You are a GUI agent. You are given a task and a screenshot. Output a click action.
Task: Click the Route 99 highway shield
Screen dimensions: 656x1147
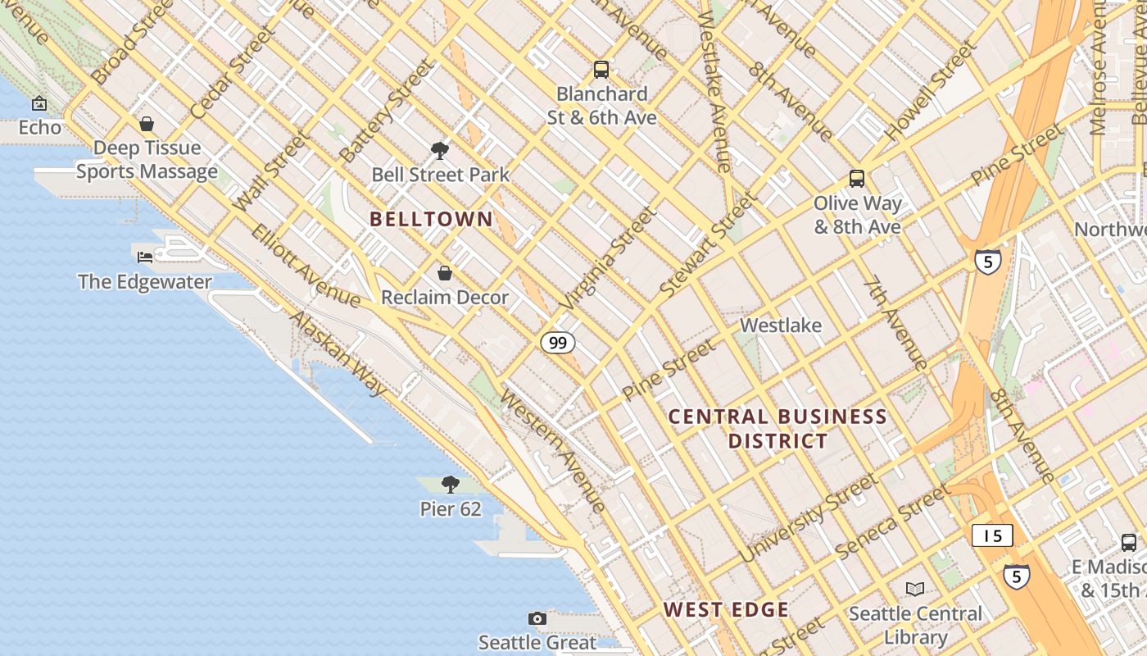pos(557,343)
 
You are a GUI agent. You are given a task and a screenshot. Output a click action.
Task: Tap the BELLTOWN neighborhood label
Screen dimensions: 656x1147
pos(431,219)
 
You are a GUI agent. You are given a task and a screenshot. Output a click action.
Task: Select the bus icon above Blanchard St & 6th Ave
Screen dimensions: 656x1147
pos(601,70)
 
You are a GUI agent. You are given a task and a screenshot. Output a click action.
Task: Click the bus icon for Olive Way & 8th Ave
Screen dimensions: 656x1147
pos(857,179)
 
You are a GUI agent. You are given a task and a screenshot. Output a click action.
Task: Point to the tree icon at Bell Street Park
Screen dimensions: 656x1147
pos(440,150)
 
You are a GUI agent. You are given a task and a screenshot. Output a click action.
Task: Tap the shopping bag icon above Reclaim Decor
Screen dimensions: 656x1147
pos(445,273)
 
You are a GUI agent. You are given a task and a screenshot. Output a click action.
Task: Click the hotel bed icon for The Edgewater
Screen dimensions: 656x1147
pos(145,257)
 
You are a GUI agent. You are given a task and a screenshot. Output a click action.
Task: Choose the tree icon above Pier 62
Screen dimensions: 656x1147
pos(450,484)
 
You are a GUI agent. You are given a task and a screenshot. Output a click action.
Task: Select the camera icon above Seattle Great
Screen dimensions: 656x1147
pos(537,618)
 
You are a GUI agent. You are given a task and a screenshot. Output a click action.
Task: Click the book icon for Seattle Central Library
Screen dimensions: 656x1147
pos(915,589)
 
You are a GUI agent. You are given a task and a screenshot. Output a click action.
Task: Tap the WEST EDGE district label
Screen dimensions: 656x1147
pos(726,610)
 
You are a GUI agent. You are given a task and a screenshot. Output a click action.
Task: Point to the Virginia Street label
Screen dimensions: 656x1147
pos(608,258)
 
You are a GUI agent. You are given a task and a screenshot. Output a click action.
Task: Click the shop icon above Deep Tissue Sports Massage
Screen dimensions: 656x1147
pos(147,124)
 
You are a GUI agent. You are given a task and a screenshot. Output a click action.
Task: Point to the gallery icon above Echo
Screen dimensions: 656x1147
pos(39,103)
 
